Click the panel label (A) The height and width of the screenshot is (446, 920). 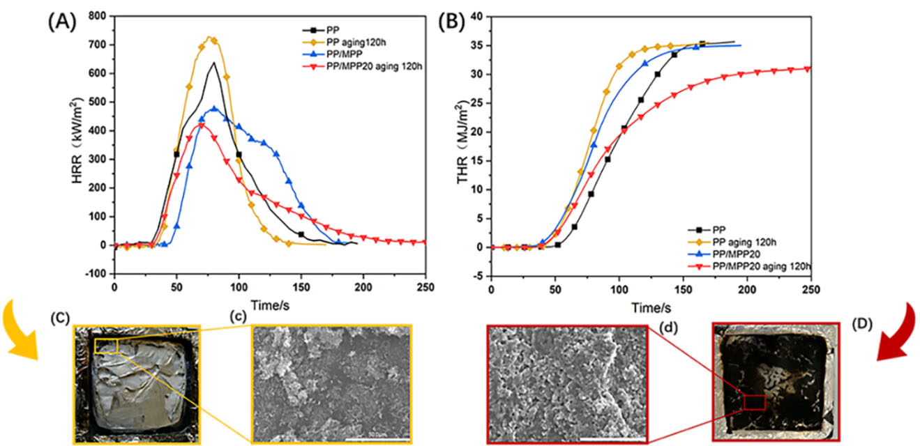coord(62,20)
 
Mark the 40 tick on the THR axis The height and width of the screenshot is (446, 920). coord(479,16)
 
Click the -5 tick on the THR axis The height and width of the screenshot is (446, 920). coord(480,276)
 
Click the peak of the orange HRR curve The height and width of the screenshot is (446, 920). coord(209,38)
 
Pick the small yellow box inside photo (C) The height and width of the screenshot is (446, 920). coord(107,346)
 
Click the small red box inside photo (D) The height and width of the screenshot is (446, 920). coord(754,402)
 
